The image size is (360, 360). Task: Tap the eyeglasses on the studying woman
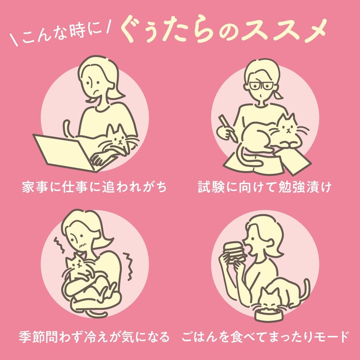[x=261, y=86]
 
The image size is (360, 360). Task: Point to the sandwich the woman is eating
[x=234, y=253]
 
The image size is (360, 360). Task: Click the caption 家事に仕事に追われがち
[x=94, y=187]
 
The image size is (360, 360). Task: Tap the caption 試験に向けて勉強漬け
[x=265, y=187]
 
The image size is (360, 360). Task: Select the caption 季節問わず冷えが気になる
[x=94, y=337]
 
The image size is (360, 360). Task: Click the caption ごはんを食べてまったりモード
[x=265, y=337]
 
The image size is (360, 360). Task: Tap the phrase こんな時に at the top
[x=61, y=34]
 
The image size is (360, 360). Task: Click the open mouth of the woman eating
[x=249, y=251]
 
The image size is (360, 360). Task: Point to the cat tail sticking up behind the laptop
[x=67, y=128]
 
